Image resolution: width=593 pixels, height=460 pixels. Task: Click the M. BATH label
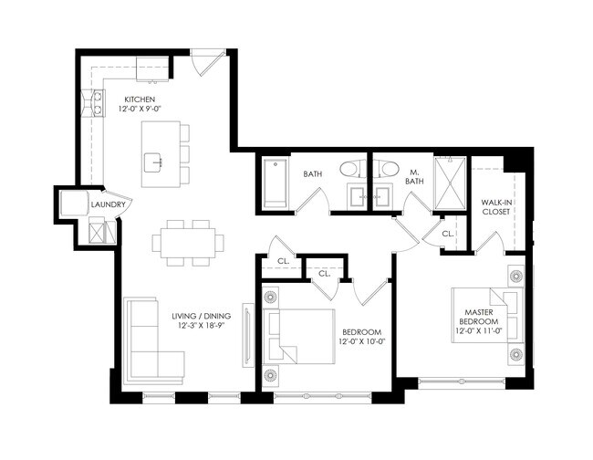[413, 176]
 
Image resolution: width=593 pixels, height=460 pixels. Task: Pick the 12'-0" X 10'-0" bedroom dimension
[361, 342]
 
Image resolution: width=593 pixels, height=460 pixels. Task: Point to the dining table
[188, 241]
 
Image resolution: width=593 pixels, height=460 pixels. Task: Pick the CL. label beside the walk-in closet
[447, 234]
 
